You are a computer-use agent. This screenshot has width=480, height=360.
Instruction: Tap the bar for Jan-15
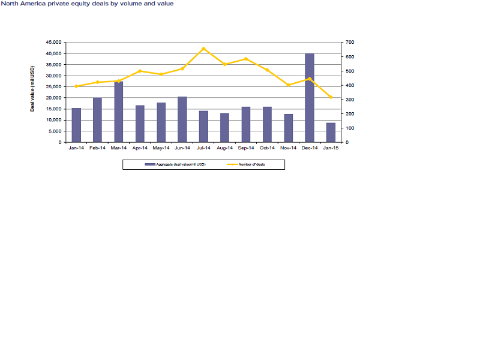331,133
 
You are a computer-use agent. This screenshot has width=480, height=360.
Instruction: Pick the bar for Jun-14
182,119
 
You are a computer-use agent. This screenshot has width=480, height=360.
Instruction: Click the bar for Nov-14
289,128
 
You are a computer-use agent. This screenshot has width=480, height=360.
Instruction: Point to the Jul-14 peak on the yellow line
203,49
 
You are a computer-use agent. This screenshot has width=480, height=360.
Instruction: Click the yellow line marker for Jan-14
76,86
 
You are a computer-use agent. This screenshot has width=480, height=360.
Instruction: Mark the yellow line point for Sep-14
246,59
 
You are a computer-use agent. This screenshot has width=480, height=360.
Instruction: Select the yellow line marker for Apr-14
140,71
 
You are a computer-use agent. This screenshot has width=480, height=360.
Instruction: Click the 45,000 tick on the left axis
53,43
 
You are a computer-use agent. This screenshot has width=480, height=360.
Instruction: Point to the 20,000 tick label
53,98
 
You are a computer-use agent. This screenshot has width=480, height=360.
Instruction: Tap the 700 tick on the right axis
349,43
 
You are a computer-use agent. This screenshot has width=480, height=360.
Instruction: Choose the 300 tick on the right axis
349,100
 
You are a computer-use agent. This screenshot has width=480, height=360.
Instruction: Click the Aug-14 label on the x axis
224,148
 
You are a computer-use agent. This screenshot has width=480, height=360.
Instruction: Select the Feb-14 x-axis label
97,148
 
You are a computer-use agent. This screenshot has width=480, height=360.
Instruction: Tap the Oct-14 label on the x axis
267,148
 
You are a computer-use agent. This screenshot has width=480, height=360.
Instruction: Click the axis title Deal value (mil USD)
32,93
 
